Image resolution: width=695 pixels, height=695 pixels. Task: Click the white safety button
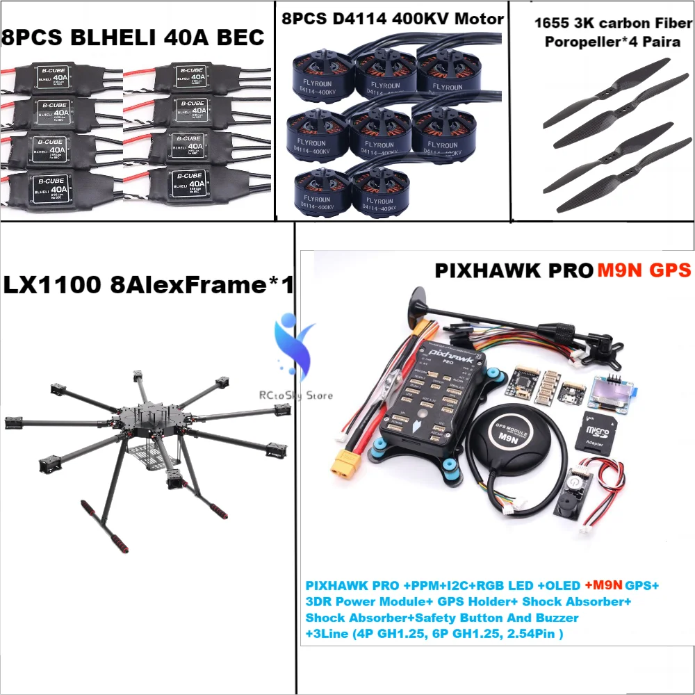tap(576, 482)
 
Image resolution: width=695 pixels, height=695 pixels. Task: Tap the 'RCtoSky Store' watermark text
tap(296, 395)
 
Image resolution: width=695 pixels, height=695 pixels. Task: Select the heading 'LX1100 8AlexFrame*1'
tap(148, 286)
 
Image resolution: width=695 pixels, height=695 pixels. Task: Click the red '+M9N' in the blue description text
tap(602, 585)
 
